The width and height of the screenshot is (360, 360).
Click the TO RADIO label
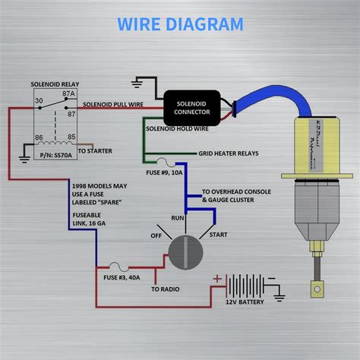[x=165, y=289]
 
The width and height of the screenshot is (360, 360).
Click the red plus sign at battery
[x=217, y=278]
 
